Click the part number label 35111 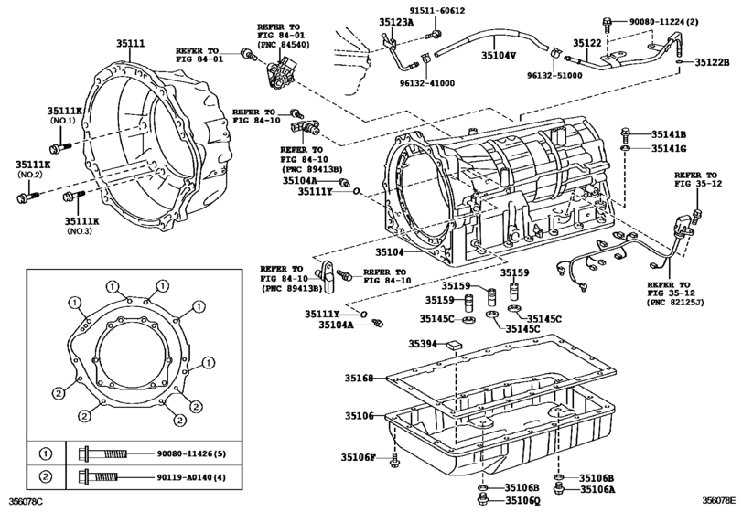(x=131, y=44)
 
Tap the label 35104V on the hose (x=499, y=55)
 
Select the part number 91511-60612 (x=436, y=10)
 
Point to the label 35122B (x=712, y=62)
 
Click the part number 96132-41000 (x=427, y=83)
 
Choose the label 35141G (x=669, y=148)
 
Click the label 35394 (x=423, y=344)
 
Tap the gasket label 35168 (x=360, y=378)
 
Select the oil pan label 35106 (x=360, y=416)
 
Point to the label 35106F (x=359, y=457)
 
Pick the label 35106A (x=598, y=490)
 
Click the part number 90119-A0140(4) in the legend (x=191, y=477)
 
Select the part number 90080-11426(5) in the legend (x=191, y=453)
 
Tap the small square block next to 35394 (x=455, y=345)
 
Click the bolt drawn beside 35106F (x=394, y=461)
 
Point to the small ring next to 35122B (x=680, y=62)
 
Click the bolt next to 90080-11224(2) (x=608, y=23)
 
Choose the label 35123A (x=395, y=22)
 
